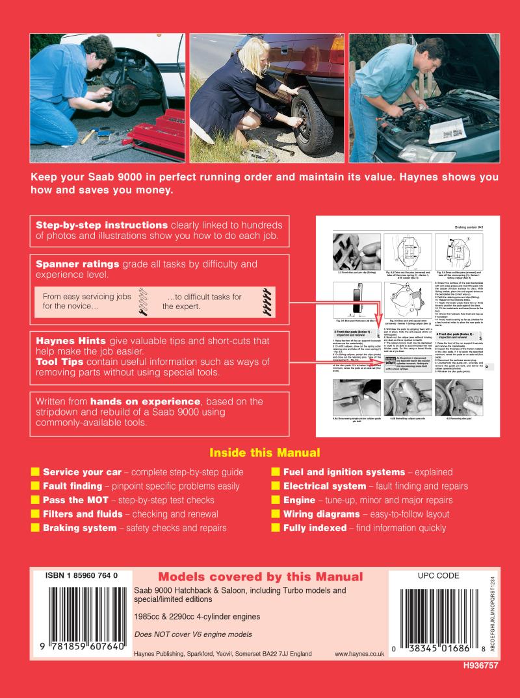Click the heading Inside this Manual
[x=265, y=453]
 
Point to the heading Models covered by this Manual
[x=261, y=577]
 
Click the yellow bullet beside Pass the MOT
[x=36, y=500]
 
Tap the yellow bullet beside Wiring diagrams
[x=276, y=514]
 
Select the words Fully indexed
[x=315, y=529]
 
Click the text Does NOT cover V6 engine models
[x=192, y=634]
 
